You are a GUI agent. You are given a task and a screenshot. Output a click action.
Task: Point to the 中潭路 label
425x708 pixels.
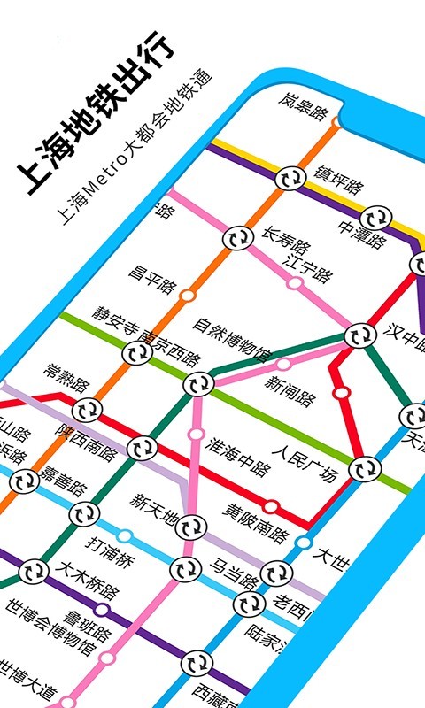(x=364, y=234)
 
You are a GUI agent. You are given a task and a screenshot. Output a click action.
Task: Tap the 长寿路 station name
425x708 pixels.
(x=285, y=239)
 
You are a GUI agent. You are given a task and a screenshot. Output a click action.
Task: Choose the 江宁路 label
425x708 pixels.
(x=306, y=265)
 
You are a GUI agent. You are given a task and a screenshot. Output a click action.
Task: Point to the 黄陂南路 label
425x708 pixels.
(x=256, y=527)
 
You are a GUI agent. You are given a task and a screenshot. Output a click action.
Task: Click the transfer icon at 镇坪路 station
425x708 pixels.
(x=289, y=177)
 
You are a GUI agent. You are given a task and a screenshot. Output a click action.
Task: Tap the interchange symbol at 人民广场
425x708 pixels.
(x=361, y=468)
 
